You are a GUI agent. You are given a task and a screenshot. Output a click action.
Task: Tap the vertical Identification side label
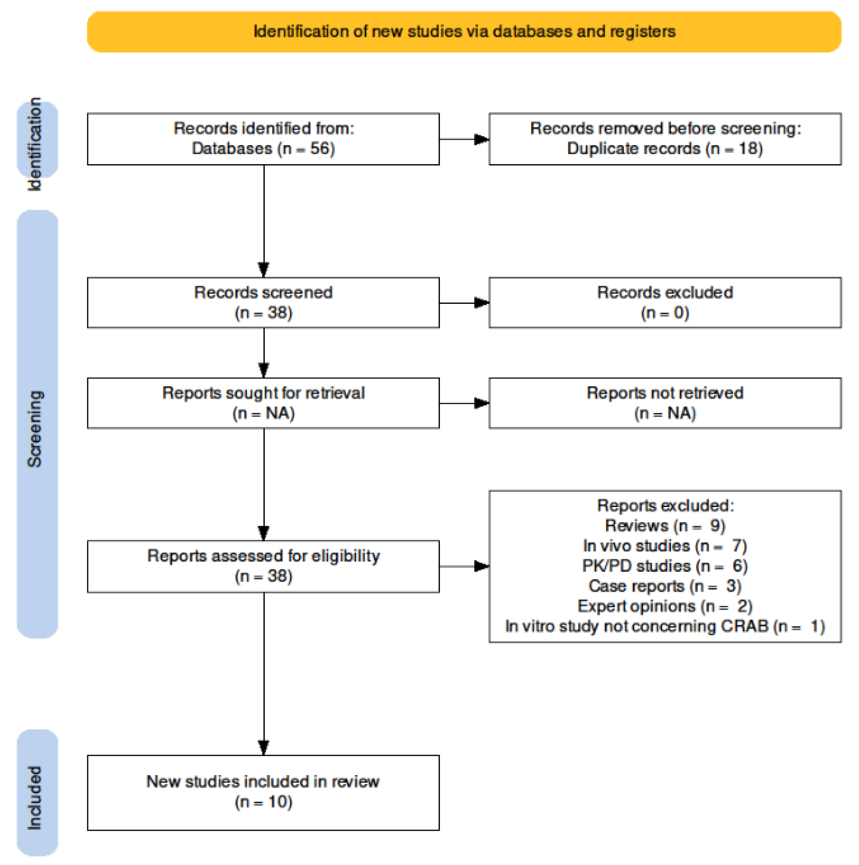35,144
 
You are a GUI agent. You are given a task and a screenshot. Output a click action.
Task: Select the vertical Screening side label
35,429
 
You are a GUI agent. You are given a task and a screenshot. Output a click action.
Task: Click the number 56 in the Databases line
319,149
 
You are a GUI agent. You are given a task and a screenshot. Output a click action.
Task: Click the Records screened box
263,303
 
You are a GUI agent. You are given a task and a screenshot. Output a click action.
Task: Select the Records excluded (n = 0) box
665,303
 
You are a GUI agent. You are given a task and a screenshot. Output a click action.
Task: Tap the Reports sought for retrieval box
263,403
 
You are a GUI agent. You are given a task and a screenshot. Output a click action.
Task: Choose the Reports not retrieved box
665,403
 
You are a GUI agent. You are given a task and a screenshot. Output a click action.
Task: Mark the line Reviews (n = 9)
665,526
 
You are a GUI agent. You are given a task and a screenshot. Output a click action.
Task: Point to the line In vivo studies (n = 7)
665,546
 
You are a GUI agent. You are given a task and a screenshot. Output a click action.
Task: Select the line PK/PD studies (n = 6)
665,566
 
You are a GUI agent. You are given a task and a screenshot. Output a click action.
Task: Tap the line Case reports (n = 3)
665,586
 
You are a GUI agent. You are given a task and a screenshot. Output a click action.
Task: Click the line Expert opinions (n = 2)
665,606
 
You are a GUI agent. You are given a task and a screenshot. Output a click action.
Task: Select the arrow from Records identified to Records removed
464,139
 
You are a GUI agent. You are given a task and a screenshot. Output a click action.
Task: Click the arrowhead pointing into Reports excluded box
481,566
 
